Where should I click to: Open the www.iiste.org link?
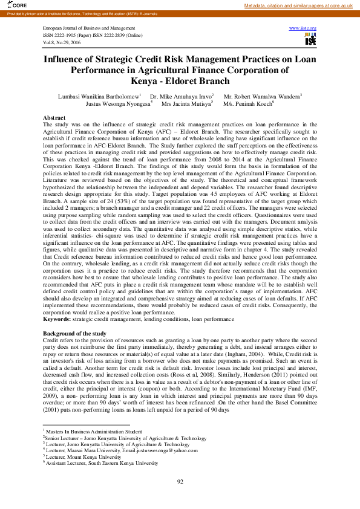pos(303,28)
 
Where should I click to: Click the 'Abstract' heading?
pos(54,117)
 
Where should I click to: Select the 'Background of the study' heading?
pos(74,334)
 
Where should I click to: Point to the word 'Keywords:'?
pos(56,318)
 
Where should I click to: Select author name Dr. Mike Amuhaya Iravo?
pos(181,96)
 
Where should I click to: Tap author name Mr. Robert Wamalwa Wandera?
pos(262,96)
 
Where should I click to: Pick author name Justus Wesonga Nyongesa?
pos(118,103)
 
